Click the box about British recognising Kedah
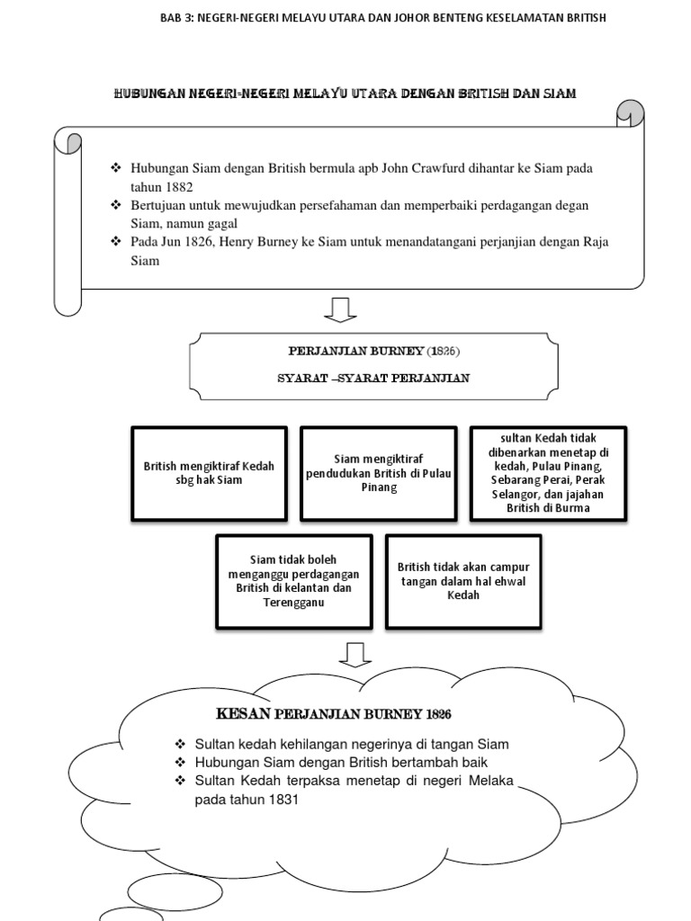(x=209, y=473)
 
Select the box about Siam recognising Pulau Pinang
(x=379, y=473)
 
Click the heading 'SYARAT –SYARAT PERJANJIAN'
(x=373, y=378)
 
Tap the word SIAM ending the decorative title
(x=558, y=93)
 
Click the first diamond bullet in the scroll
(x=114, y=168)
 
